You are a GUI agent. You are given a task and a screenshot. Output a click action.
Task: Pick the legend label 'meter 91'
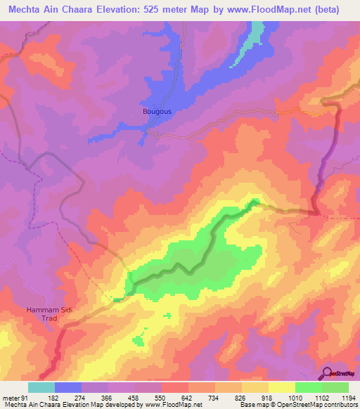point(14,398)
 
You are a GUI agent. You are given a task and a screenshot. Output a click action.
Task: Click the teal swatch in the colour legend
point(41,387)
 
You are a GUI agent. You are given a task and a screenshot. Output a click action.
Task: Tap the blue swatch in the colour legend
point(68,387)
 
